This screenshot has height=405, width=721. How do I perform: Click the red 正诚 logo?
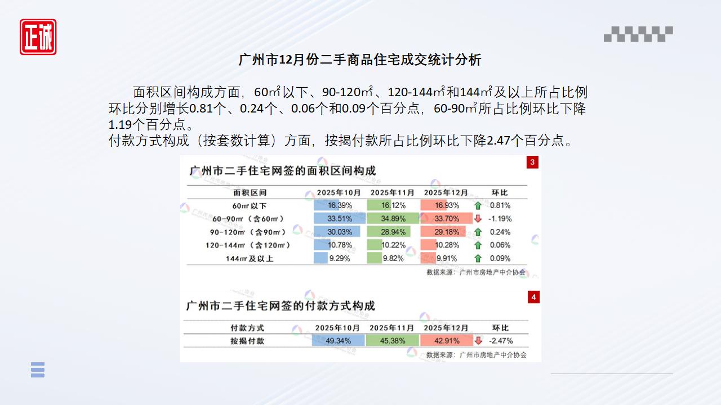click(38, 37)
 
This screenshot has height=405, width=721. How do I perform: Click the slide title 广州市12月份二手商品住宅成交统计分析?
click(360, 60)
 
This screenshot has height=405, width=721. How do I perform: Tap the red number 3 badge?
click(533, 163)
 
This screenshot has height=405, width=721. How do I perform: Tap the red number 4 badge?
click(533, 296)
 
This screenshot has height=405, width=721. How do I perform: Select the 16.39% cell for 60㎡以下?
click(340, 205)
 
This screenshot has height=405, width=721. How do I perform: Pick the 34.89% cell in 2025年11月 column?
click(393, 218)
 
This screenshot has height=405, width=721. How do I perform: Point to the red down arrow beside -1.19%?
click(478, 219)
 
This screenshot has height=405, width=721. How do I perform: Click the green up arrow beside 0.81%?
click(478, 205)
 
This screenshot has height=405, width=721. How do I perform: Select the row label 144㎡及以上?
click(250, 259)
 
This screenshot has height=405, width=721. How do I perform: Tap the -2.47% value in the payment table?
click(501, 340)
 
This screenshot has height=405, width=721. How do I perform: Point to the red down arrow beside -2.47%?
click(478, 340)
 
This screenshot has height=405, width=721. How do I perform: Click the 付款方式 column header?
click(247, 327)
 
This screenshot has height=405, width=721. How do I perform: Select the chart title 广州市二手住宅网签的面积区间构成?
click(283, 170)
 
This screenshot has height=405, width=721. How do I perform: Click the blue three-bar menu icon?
click(38, 370)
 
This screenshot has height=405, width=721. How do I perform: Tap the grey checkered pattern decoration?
click(638, 34)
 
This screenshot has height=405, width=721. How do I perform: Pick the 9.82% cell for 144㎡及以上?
click(393, 258)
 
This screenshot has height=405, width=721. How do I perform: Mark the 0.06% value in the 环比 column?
click(500, 245)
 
